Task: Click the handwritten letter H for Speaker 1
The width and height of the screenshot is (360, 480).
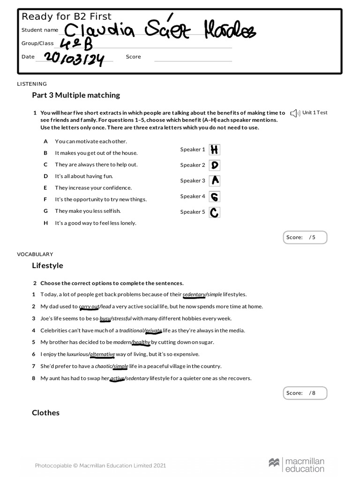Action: [x=214, y=150]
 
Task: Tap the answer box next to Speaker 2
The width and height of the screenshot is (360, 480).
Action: [x=214, y=165]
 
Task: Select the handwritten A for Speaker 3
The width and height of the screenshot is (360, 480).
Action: [x=214, y=180]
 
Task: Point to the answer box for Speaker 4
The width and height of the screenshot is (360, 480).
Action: [x=214, y=196]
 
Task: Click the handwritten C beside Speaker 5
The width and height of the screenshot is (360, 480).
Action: [x=214, y=212]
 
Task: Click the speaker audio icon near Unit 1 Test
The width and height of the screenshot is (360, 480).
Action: [x=294, y=113]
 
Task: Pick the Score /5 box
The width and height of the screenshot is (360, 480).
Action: [x=305, y=237]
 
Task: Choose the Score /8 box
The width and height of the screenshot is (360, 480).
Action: [x=305, y=393]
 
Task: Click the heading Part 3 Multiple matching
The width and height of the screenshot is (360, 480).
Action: [x=76, y=95]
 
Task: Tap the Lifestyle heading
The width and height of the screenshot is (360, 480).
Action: [x=47, y=265]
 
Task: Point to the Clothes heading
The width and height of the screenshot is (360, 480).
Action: [x=45, y=412]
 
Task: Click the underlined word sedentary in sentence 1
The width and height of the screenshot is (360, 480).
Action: [x=194, y=294]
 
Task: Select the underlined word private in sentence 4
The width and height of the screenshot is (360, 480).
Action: [x=153, y=330]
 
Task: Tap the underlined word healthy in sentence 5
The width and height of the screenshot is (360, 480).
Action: [x=141, y=342]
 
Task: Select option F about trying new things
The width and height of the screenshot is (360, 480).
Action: [x=100, y=199]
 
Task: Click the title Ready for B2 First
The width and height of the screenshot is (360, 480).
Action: [x=67, y=17]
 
